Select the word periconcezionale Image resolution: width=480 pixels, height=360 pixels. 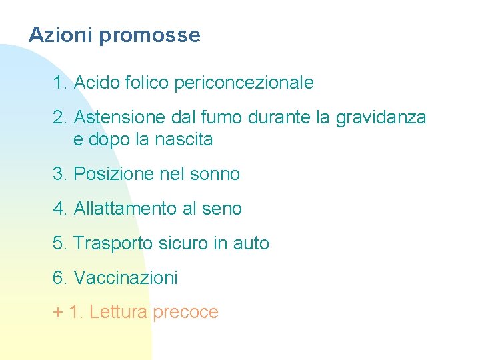243,83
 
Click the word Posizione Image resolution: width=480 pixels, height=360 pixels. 116,174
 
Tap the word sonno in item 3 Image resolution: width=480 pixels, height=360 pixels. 215,175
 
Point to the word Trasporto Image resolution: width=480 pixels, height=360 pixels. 113,244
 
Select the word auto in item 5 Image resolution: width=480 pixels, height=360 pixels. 251,244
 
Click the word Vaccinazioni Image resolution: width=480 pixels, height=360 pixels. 125,278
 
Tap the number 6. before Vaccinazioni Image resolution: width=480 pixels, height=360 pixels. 59,278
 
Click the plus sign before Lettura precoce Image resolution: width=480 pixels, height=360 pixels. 57,313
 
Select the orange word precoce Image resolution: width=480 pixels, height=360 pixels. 185,313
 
